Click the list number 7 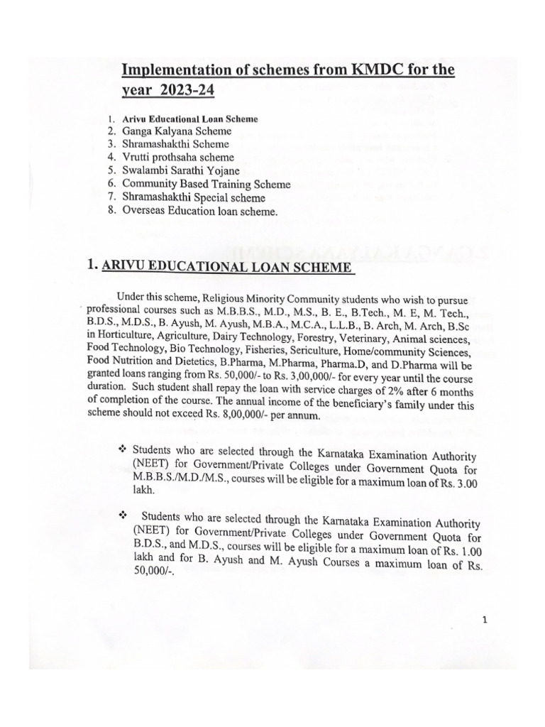(x=111, y=197)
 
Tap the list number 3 (x=111, y=144)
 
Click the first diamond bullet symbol (x=121, y=449)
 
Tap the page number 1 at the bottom (x=483, y=620)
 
